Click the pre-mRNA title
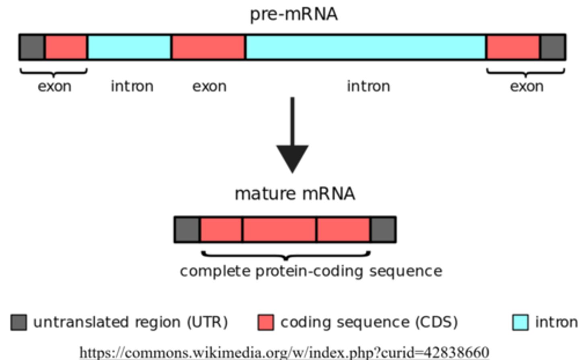pos(294,14)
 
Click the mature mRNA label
pos(295,193)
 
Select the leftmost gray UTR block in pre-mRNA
pos(32,47)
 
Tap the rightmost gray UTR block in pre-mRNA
pos(552,47)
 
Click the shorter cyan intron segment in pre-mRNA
pos(129,47)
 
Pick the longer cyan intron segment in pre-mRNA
pos(365,47)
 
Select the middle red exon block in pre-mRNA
pos(208,47)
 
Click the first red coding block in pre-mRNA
pos(66,47)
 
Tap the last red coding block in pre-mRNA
pos(513,47)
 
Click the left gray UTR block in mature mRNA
pos(187,230)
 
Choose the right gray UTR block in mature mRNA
pos(383,230)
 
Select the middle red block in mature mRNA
pos(279,230)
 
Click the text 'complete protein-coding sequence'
pos(311,271)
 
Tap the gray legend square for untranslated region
pos(18,322)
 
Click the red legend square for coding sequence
pos(265,322)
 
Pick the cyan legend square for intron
pos(520,322)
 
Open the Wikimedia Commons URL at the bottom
pos(284,352)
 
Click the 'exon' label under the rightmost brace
pos(526,86)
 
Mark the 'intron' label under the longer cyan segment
pos(368,86)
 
